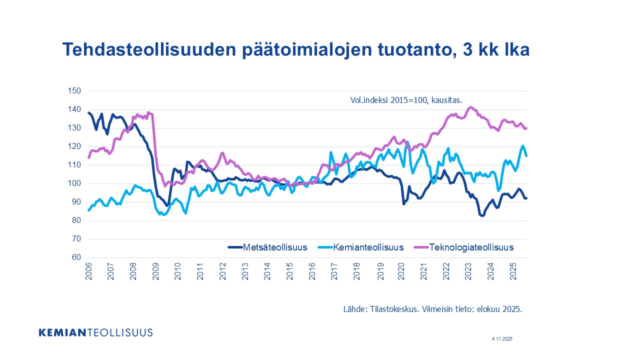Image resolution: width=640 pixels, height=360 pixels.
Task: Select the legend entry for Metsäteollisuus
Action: [274, 247]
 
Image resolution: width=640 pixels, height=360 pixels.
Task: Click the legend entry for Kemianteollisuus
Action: [368, 247]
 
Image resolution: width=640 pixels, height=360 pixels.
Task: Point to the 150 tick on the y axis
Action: [74, 91]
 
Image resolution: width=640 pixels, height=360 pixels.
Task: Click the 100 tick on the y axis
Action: [74, 183]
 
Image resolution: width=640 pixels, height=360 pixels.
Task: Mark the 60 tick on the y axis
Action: [75, 257]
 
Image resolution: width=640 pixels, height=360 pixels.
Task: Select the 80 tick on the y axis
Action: [75, 220]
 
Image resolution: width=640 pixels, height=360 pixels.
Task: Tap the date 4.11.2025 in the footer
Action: [502, 339]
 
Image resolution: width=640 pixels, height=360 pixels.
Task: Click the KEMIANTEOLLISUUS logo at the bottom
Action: [95, 332]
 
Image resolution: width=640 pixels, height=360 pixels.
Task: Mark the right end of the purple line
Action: [526, 128]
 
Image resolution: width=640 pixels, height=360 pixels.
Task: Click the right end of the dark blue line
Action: [526, 198]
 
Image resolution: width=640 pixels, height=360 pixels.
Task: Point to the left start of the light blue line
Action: [89, 210]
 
